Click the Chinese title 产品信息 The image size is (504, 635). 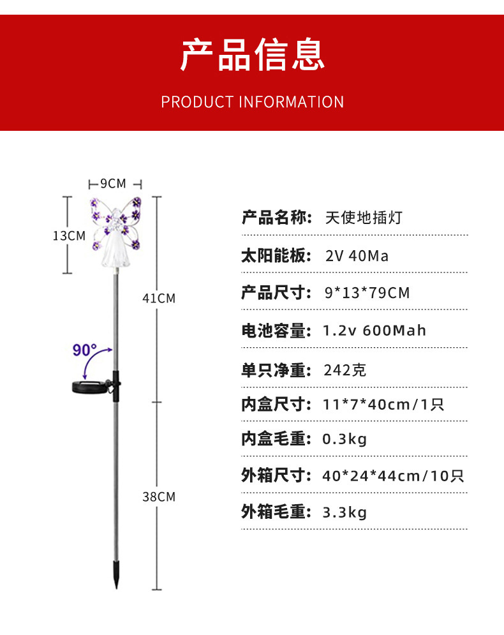tap(253, 54)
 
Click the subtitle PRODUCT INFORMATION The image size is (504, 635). tap(252, 102)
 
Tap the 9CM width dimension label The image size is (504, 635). tap(114, 184)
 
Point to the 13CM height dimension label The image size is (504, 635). tap(69, 235)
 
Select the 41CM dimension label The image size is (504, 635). tap(158, 298)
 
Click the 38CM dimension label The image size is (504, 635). tap(158, 497)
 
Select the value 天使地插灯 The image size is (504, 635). tap(364, 218)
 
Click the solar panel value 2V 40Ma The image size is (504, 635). tap(357, 256)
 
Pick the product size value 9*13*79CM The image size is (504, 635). tap(367, 293)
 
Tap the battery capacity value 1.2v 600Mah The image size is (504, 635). tap(374, 331)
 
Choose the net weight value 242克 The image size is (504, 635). tap(345, 370)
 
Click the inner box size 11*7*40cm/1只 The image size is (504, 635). tap(383, 404)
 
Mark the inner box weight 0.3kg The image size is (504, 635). tap(345, 439)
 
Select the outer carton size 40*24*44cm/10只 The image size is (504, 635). tap(393, 475)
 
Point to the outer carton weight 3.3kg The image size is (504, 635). tap(345, 512)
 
